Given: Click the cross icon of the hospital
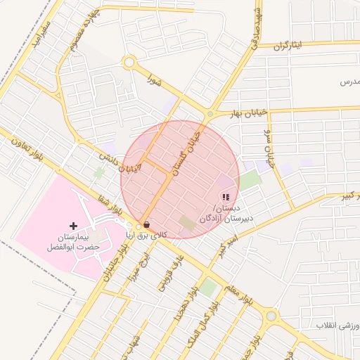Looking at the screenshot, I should click(x=74, y=226).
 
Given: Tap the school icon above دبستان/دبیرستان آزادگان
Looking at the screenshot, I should click(x=225, y=198).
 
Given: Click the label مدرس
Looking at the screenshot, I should click(x=349, y=83).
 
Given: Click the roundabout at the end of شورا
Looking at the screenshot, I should click(x=128, y=63).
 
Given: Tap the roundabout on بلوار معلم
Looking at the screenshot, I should click(x=271, y=316).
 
